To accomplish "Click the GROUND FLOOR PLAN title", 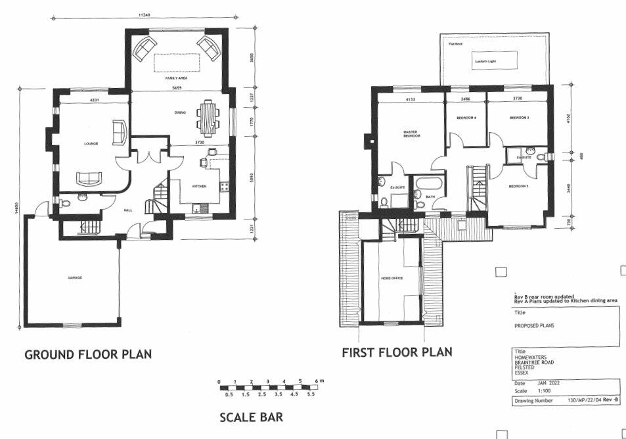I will (88, 354).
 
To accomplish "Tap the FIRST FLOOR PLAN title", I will (397, 352).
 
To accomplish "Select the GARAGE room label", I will (75, 278).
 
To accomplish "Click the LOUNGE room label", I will (91, 143).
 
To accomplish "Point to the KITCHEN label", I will (200, 186).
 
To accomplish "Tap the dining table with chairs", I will (208, 116).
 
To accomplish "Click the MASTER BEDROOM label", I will (411, 134).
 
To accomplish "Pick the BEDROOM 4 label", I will (466, 118).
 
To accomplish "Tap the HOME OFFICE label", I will (391, 279).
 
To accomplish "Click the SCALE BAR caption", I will (252, 417).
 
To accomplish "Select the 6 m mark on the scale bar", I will (316, 381).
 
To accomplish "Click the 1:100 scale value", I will (545, 390).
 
